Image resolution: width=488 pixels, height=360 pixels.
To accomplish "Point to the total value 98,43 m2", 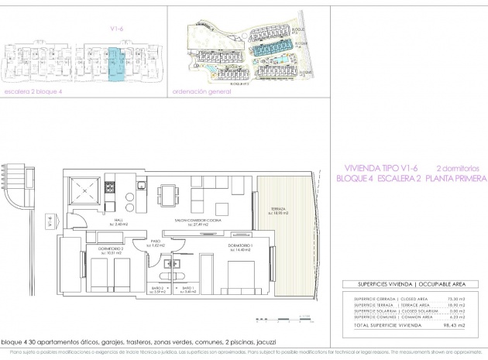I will [463, 327].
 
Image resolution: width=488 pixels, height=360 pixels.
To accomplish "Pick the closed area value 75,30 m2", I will [463, 298].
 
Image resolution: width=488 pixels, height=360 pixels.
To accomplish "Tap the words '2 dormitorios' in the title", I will [460, 167].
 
